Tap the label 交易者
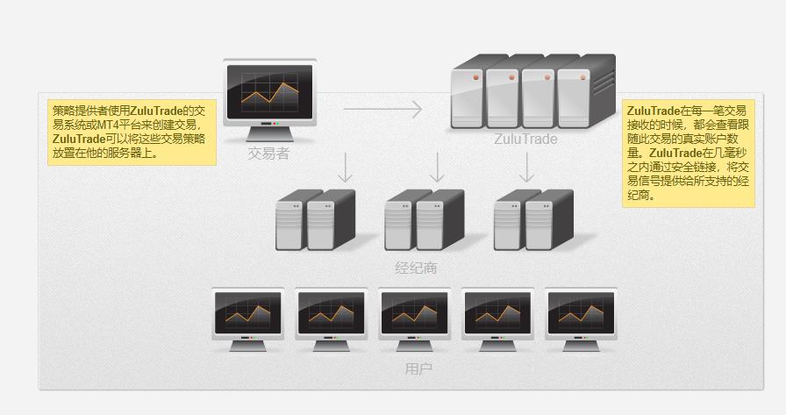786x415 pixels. (x=268, y=154)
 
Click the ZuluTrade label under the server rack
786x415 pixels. (x=525, y=139)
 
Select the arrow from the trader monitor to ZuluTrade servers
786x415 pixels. (x=382, y=110)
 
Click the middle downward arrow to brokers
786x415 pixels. (x=436, y=168)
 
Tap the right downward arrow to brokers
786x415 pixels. (x=526, y=168)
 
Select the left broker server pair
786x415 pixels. (x=314, y=220)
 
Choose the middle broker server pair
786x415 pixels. (x=424, y=220)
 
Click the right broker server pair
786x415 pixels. (x=532, y=220)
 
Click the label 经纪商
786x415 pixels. (x=416, y=268)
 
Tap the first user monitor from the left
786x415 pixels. (x=248, y=317)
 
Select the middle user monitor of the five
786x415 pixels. (x=414, y=317)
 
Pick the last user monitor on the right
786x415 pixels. (x=581, y=317)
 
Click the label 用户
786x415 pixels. (x=418, y=368)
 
